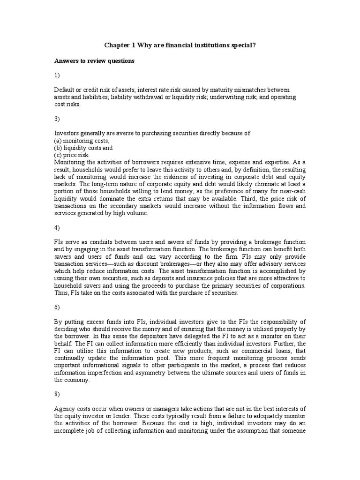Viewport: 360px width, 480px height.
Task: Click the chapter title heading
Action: tap(180, 45)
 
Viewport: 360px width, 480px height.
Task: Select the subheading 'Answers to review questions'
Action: tap(94, 61)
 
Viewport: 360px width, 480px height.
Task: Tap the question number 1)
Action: tap(58, 75)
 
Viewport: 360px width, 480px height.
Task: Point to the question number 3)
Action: tap(58, 119)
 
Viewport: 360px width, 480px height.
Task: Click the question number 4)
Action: tap(58, 228)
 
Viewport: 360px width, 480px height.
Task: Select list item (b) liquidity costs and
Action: tap(83, 148)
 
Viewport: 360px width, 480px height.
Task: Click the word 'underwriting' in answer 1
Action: tap(246, 97)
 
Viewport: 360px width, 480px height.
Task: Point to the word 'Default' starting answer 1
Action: tap(64, 90)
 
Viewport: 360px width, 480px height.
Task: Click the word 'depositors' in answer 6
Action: tap(150, 337)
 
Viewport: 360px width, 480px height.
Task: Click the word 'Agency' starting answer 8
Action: tap(64, 408)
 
